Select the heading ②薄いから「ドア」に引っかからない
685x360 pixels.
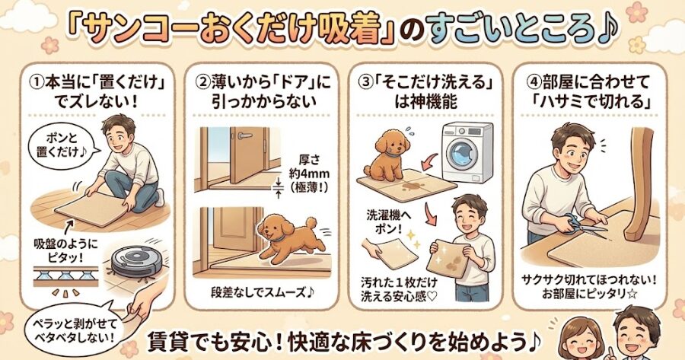point(259,89)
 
